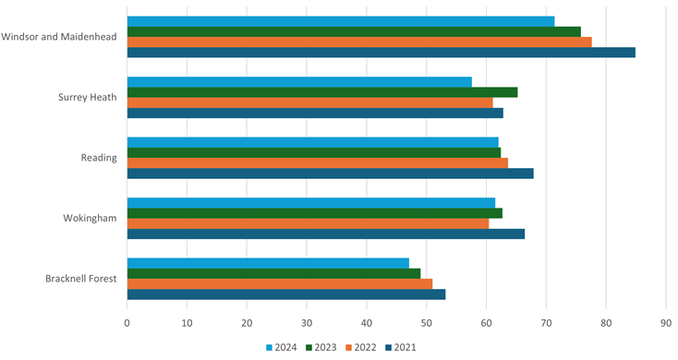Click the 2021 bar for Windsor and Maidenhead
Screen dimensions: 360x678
coord(381,53)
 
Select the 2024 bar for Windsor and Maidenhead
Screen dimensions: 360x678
coord(340,21)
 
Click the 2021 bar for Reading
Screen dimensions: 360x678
coord(330,174)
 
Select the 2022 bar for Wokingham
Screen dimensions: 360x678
coord(308,223)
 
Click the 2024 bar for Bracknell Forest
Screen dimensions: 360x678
coord(268,263)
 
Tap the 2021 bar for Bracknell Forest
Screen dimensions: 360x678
coord(285,294)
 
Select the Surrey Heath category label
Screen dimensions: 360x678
coord(87,98)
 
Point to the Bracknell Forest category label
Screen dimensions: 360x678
coord(80,279)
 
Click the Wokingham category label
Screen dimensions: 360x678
coord(90,219)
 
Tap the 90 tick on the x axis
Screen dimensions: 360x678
coord(665,323)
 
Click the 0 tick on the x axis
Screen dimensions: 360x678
coord(127,323)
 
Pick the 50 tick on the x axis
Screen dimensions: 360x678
coord(426,323)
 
